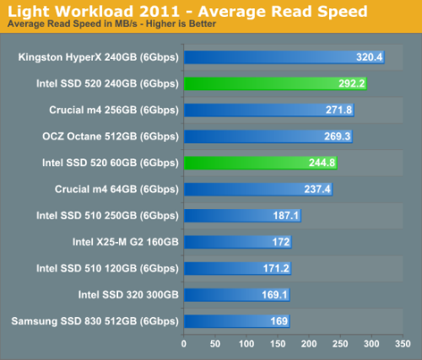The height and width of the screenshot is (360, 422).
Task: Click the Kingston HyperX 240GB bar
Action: point(284,57)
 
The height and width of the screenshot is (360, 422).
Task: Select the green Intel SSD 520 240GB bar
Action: point(275,83)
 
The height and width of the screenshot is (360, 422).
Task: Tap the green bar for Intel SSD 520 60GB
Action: point(261,163)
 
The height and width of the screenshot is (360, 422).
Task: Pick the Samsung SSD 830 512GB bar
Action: point(237,321)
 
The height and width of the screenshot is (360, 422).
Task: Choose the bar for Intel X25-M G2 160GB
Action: point(238,242)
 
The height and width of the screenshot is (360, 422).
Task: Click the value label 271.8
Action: point(338,110)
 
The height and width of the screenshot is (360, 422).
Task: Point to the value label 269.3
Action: point(338,137)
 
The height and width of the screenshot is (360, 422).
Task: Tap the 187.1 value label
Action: point(286,216)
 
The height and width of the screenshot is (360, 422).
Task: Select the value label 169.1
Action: point(274,295)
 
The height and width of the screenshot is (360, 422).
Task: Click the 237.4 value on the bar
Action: point(317,189)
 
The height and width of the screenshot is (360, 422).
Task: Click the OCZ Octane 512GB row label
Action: point(111,137)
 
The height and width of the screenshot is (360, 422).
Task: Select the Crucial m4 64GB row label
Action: point(116,190)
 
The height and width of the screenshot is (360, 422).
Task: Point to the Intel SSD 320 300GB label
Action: point(128,295)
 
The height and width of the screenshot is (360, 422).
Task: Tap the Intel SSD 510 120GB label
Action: point(107,269)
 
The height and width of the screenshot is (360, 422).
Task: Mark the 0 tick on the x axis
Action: point(184,343)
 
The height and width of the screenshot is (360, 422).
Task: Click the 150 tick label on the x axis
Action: point(278,343)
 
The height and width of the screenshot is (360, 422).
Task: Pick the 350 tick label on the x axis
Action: point(403,343)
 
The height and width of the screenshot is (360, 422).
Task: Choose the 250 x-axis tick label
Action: point(340,343)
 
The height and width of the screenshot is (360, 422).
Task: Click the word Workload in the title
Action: point(95,12)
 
